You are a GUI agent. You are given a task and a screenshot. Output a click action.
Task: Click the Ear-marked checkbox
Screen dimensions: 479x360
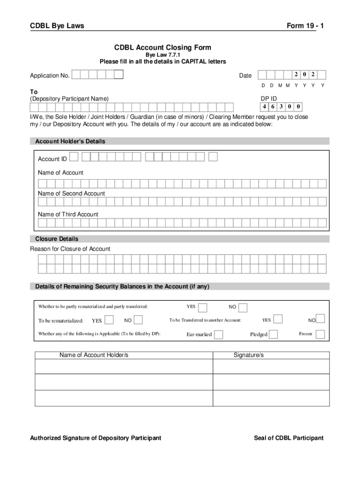point(218,334)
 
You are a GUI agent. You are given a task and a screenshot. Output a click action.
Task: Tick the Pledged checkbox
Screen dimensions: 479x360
point(274,334)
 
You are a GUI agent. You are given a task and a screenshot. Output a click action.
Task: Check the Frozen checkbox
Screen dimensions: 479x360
point(320,334)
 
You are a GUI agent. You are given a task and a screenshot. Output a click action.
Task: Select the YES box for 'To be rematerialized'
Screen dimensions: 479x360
point(109,320)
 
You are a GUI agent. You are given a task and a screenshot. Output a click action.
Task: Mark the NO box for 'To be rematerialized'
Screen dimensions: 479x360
point(138,320)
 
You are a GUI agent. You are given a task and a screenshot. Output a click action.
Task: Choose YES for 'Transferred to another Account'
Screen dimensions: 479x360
point(278,319)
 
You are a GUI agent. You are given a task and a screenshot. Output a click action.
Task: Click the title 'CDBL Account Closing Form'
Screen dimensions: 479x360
point(163,47)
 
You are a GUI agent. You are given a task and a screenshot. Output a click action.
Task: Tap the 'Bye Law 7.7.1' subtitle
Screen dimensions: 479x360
point(163,55)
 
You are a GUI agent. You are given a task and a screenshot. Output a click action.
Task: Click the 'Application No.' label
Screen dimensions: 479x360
point(50,76)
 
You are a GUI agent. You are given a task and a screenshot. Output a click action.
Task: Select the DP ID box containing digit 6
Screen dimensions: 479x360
point(273,106)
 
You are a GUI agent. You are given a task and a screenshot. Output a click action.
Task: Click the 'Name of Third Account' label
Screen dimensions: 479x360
point(68,214)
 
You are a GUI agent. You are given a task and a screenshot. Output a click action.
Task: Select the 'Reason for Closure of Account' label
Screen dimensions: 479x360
point(70,249)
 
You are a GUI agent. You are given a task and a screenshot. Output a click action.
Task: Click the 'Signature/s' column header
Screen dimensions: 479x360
point(249,356)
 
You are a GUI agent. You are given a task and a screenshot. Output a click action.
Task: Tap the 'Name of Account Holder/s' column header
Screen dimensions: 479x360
point(94,356)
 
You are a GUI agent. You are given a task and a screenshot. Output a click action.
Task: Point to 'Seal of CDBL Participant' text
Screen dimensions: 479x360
point(288,438)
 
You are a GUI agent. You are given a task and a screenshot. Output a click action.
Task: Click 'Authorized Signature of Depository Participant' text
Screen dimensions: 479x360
point(96,438)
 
